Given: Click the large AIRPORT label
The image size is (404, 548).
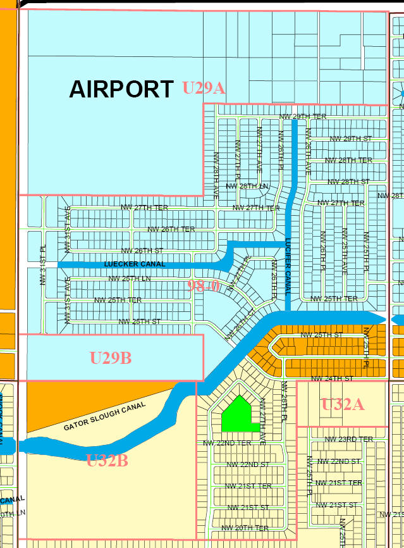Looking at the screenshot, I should pos(121,89).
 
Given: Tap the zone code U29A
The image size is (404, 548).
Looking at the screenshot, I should pos(204,88).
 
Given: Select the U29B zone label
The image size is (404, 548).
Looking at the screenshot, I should pos(110,358).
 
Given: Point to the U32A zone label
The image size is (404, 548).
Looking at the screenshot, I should pos(343,404).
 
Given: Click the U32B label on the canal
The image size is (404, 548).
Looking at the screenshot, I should pos(107,460).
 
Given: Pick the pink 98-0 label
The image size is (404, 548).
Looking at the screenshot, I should pos(204,285).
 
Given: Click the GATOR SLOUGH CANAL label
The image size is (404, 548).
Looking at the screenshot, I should pos(105,416).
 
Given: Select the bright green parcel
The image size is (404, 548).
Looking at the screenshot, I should pos(240,414).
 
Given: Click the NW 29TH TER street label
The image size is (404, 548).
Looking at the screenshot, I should pos(302,116).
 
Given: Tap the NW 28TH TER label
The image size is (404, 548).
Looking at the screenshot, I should pos(348,160).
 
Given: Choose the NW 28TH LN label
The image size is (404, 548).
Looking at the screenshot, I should pos(247,186).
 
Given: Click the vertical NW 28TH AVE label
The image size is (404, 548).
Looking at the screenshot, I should pos(216,177).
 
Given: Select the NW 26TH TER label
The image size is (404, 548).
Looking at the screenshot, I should pos(171,229).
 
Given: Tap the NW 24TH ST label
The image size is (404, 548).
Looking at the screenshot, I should pos(332,378).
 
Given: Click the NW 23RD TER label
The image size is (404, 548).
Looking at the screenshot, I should pos(348,439).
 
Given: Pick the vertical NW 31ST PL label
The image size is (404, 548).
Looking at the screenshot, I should pos(43,265).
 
